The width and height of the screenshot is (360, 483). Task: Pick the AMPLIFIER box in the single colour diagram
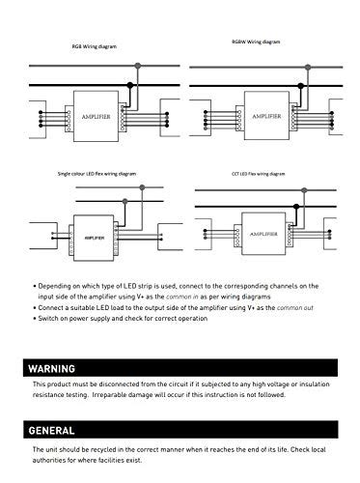coord(96,235)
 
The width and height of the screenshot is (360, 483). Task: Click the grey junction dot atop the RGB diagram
coord(138,67)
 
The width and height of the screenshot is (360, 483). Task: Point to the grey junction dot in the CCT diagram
coord(305,190)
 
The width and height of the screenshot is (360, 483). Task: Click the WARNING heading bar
coord(180,368)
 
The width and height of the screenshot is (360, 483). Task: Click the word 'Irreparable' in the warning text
coord(138,394)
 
